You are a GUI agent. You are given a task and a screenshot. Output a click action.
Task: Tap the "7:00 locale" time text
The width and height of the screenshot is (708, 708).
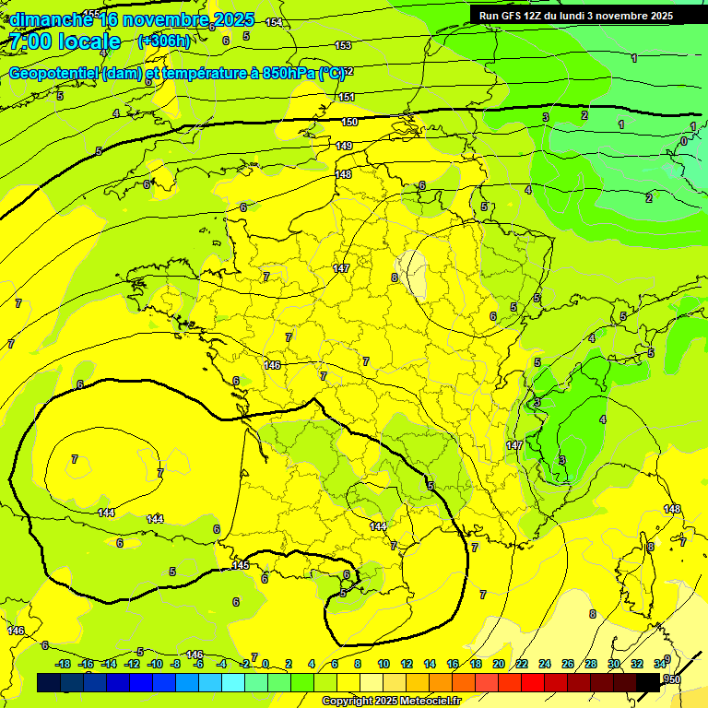pyautogui.click(x=65, y=41)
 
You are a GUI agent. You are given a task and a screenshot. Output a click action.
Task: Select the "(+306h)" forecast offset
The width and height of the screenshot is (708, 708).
pyautogui.click(x=163, y=41)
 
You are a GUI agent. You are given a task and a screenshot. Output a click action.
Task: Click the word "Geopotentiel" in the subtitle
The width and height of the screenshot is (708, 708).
pyautogui.click(x=55, y=73)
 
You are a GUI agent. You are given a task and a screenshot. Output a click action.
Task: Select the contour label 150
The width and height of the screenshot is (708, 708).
pyautogui.click(x=349, y=122)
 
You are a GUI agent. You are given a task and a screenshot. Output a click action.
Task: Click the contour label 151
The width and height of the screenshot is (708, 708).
pyautogui.click(x=347, y=97)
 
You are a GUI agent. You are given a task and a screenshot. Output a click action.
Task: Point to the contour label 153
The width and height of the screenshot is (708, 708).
pyautogui.click(x=343, y=45)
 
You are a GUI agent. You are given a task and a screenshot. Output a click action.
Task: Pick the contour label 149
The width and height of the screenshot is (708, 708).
pyautogui.click(x=344, y=146)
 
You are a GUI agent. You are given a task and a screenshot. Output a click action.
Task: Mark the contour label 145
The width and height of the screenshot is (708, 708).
pyautogui.click(x=241, y=565)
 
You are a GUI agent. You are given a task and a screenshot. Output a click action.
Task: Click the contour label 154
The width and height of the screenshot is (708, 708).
pyautogui.click(x=273, y=22)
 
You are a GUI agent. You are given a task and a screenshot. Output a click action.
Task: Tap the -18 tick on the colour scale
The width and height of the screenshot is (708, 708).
pyautogui.click(x=63, y=664)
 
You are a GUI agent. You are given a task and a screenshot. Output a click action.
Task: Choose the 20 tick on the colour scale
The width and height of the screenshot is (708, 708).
pyautogui.click(x=499, y=664)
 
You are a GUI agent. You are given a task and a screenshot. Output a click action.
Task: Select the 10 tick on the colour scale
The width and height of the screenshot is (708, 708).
pyautogui.click(x=383, y=664)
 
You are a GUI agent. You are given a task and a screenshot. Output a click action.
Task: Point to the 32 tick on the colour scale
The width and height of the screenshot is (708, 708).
pyautogui.click(x=637, y=664)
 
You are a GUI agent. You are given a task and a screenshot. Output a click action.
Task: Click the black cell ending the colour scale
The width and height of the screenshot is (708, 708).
pyautogui.click(x=648, y=682)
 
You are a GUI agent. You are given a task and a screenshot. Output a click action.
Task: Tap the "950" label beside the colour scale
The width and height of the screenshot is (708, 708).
pyautogui.click(x=673, y=679)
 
